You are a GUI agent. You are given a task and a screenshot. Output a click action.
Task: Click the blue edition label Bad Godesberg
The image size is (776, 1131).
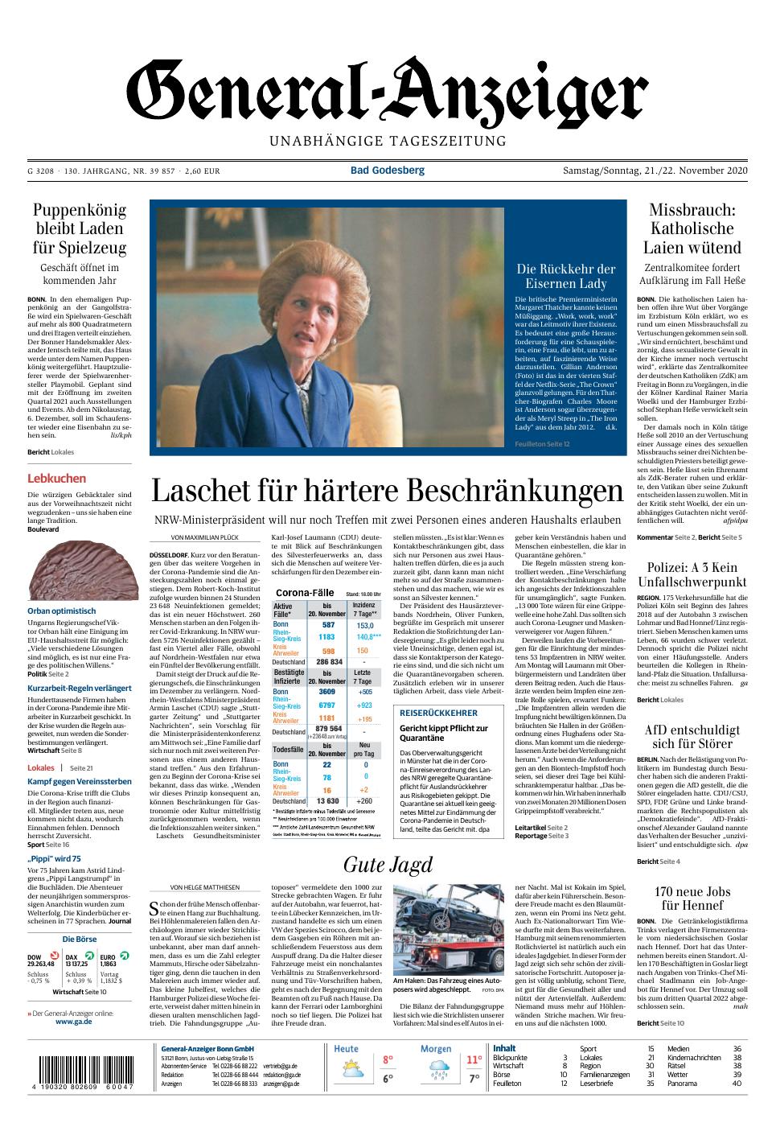[x=387, y=171]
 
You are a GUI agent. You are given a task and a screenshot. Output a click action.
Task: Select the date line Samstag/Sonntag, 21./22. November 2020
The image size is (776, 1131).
[x=655, y=171]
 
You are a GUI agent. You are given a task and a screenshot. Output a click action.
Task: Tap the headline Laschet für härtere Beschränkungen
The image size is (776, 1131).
[x=388, y=490]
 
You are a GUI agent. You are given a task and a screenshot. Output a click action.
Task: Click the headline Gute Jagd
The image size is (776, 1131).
[x=388, y=865]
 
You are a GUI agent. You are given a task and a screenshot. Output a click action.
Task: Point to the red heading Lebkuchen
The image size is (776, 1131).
[x=56, y=479]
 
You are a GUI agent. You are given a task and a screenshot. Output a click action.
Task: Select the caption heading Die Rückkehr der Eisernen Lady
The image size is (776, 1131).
[x=565, y=276]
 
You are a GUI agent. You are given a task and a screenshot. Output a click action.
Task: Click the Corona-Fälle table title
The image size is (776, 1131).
[x=305, y=592]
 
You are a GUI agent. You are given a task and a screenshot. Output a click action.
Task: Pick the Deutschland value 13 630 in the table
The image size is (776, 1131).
[x=328, y=801]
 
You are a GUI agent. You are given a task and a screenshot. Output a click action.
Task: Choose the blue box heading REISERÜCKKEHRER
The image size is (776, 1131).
[x=438, y=713]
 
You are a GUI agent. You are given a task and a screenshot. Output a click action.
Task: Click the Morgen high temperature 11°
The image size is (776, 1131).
[x=474, y=1060]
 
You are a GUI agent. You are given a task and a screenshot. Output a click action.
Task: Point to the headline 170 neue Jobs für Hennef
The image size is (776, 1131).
[x=692, y=899]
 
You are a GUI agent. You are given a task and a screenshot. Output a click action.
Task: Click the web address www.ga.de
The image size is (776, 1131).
[x=72, y=1022]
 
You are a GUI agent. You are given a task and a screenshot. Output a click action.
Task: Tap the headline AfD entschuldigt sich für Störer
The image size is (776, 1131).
[x=692, y=737]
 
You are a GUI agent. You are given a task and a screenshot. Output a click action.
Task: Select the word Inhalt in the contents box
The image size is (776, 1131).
[x=504, y=1048]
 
